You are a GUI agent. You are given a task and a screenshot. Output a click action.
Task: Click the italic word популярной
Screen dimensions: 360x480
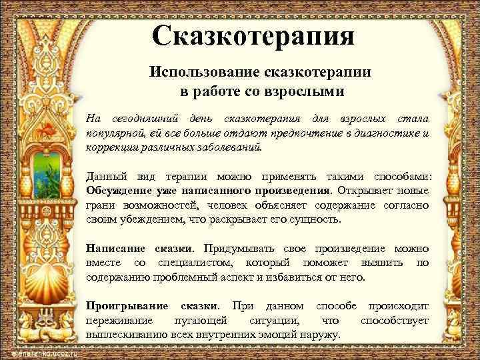115,133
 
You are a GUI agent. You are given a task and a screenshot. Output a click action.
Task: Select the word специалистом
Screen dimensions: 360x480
193,263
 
